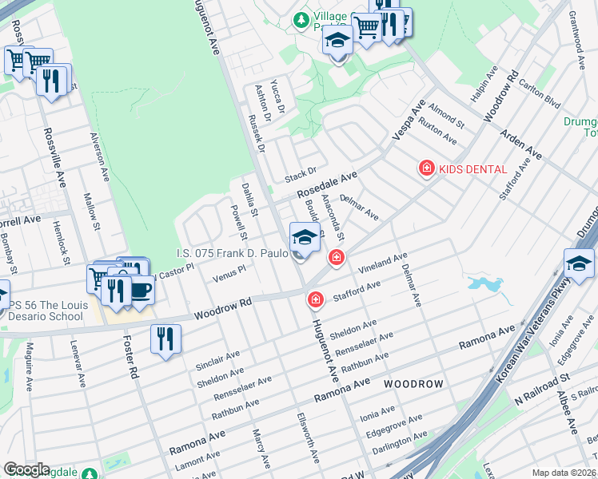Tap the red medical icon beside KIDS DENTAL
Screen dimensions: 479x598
coord(427,168)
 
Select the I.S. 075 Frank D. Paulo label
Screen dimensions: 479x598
coord(233,254)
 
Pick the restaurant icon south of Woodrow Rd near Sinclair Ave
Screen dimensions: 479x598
coord(165,338)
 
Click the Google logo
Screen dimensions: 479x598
coord(26,469)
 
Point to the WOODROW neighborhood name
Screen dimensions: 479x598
coord(413,384)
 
